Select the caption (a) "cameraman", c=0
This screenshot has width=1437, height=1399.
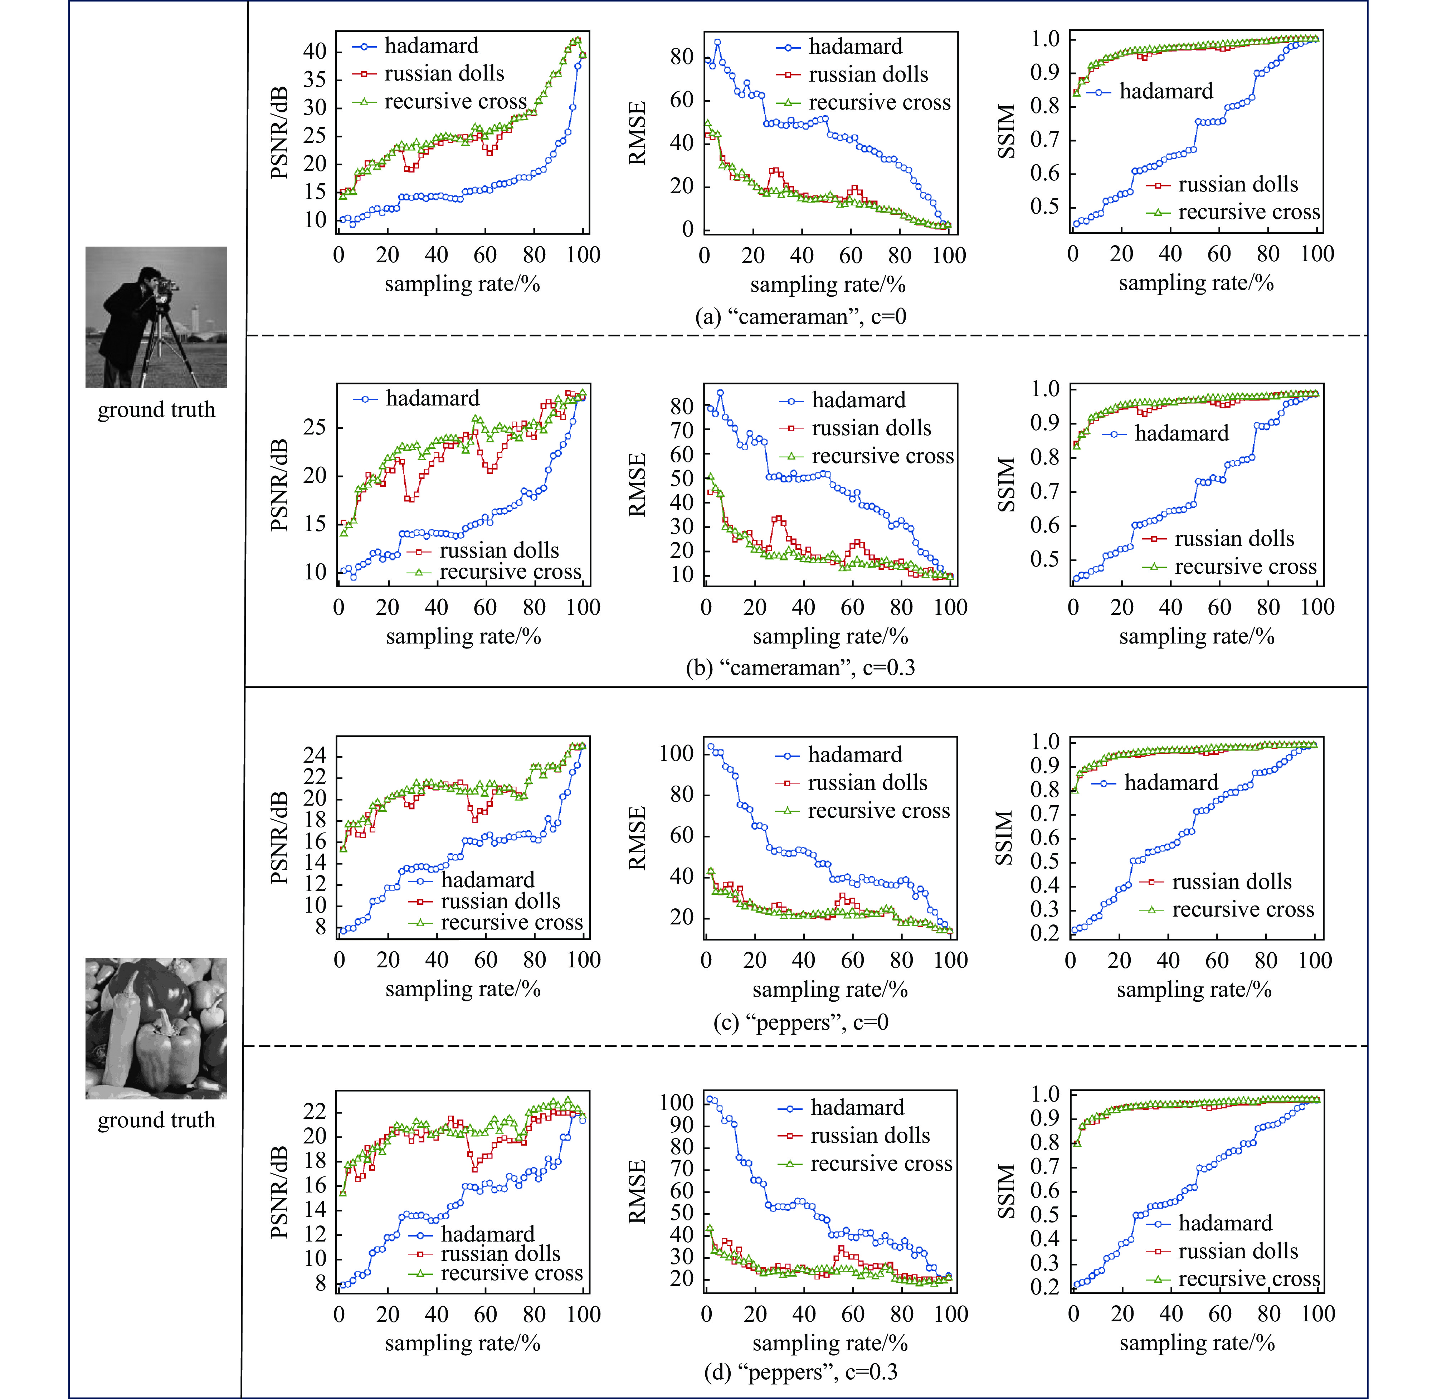coord(801,317)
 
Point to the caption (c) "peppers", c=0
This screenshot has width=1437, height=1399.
coord(801,1022)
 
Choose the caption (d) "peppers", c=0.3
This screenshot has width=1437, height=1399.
coord(801,1372)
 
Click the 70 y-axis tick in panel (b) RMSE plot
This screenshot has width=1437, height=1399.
coord(682,431)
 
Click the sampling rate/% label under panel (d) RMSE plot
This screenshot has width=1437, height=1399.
coord(829,1343)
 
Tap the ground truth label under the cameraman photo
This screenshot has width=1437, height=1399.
coord(156,410)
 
